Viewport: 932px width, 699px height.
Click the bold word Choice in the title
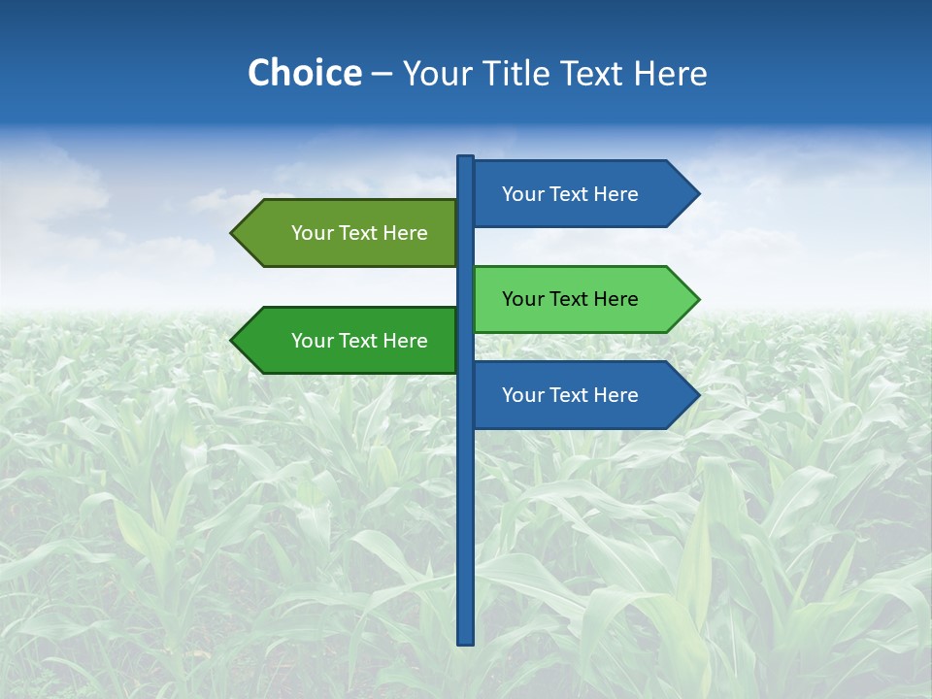click(x=304, y=74)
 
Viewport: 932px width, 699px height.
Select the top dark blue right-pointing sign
click(x=582, y=194)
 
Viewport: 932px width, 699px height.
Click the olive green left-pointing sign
click(x=349, y=233)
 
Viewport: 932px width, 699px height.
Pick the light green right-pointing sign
click(x=582, y=299)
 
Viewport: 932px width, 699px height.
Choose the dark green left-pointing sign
click(x=349, y=341)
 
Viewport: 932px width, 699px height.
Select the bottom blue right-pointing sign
click(x=582, y=395)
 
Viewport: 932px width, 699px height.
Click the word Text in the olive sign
click(x=359, y=233)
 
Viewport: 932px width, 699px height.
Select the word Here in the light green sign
click(x=615, y=299)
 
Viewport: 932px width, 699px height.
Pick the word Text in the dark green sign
click(x=359, y=341)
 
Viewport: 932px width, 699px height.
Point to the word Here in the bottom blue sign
click(x=615, y=395)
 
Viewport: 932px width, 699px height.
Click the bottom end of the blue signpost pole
click(x=466, y=640)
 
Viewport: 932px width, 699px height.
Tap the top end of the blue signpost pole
click(x=466, y=159)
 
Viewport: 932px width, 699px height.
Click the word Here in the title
click(x=670, y=74)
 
